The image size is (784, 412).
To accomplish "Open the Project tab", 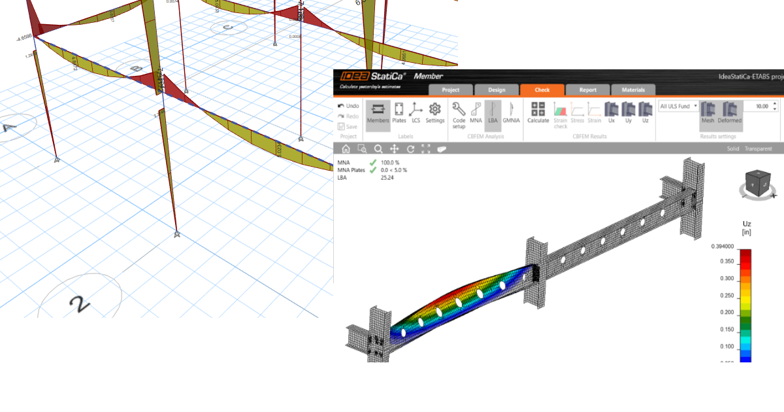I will pyautogui.click(x=451, y=90).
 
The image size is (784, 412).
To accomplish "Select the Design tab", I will pyautogui.click(x=497, y=90).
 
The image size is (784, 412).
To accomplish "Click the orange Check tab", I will pyautogui.click(x=542, y=90).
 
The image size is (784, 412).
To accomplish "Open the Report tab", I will pyautogui.click(x=587, y=90).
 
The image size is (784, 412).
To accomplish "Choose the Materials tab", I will pyautogui.click(x=633, y=90).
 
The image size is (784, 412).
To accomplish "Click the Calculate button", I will pyautogui.click(x=538, y=112).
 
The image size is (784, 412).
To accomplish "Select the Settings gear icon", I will pyautogui.click(x=434, y=112).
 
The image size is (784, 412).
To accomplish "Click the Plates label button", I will pyautogui.click(x=399, y=112).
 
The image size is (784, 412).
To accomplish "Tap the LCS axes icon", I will pyautogui.click(x=416, y=112).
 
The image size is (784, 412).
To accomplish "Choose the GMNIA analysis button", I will pyautogui.click(x=511, y=112).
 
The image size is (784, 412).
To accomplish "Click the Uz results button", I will pyautogui.click(x=645, y=112).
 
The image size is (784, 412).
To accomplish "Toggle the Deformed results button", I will pyautogui.click(x=730, y=112).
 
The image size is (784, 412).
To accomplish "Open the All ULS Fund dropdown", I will pyautogui.click(x=678, y=106).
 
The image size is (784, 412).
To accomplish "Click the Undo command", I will pyautogui.click(x=348, y=106).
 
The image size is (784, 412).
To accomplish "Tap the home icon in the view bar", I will pyautogui.click(x=346, y=149).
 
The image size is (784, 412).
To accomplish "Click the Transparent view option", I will pyautogui.click(x=758, y=149).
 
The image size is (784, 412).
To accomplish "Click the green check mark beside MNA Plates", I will pyautogui.click(x=373, y=170).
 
